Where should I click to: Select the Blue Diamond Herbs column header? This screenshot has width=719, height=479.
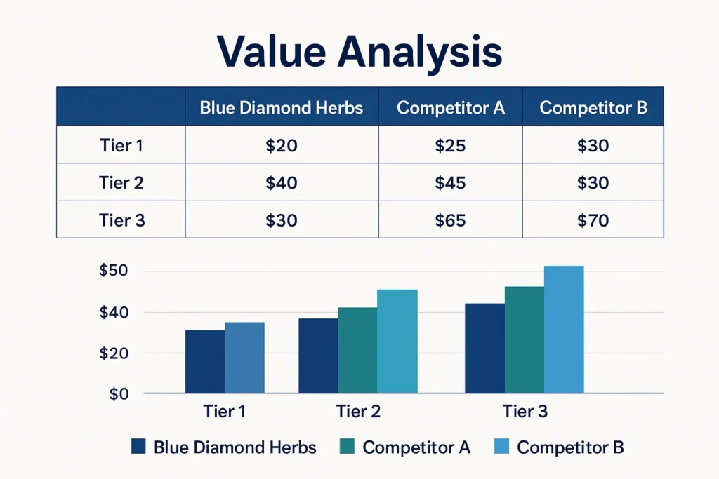tap(281, 108)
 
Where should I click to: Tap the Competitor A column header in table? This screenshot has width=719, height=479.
tap(451, 108)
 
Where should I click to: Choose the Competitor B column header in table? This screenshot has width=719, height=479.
tap(593, 108)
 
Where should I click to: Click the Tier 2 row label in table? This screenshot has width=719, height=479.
tap(121, 183)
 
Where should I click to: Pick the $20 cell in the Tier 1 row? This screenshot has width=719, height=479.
tap(282, 146)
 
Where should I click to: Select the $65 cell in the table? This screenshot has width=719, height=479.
tap(450, 220)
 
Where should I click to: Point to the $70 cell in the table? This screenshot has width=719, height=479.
tap(593, 220)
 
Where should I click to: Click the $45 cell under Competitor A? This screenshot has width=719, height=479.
tap(450, 183)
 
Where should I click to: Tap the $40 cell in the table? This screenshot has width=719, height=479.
tap(282, 183)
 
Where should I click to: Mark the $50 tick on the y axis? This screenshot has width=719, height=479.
tap(114, 271)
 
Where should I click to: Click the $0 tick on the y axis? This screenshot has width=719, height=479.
tap(119, 394)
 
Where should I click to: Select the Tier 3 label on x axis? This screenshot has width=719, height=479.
tap(525, 412)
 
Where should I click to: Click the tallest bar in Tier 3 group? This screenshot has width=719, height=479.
tap(564, 330)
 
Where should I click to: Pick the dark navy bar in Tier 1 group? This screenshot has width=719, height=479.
tap(205, 361)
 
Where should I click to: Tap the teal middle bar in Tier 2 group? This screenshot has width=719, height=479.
tap(357, 350)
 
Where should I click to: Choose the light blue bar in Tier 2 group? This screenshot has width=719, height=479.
tap(397, 341)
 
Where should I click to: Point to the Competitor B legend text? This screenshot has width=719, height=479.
tap(570, 447)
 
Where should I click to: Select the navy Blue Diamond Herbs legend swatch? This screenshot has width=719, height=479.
tap(138, 447)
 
